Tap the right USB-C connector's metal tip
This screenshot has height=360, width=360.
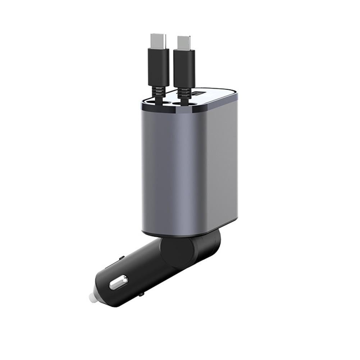(x=183, y=42)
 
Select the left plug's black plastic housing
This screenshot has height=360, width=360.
(x=158, y=67)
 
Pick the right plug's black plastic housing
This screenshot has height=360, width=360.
(x=184, y=68)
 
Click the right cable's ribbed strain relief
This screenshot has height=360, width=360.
(x=184, y=93)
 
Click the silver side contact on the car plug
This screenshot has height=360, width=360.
(x=118, y=282)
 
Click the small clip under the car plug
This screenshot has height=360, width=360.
(x=141, y=294)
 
